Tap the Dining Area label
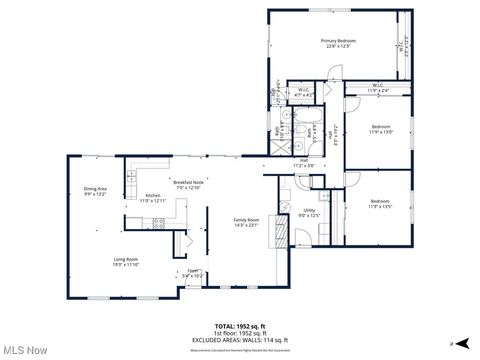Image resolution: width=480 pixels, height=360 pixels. (x=96, y=190)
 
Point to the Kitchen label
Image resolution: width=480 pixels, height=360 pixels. (x=152, y=197)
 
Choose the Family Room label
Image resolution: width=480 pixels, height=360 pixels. (x=246, y=222)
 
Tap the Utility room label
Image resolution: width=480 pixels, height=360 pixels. (x=310, y=213)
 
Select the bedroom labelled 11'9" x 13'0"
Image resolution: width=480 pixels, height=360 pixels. (x=381, y=129)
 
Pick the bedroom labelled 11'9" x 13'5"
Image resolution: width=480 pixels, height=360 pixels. (x=381, y=203)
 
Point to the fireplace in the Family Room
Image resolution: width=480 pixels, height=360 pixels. (x=281, y=231)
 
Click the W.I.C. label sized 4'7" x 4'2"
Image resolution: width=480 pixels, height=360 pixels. (x=304, y=91)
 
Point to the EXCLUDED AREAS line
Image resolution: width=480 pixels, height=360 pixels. (x=240, y=339)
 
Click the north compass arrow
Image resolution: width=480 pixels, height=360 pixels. (x=461, y=343)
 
